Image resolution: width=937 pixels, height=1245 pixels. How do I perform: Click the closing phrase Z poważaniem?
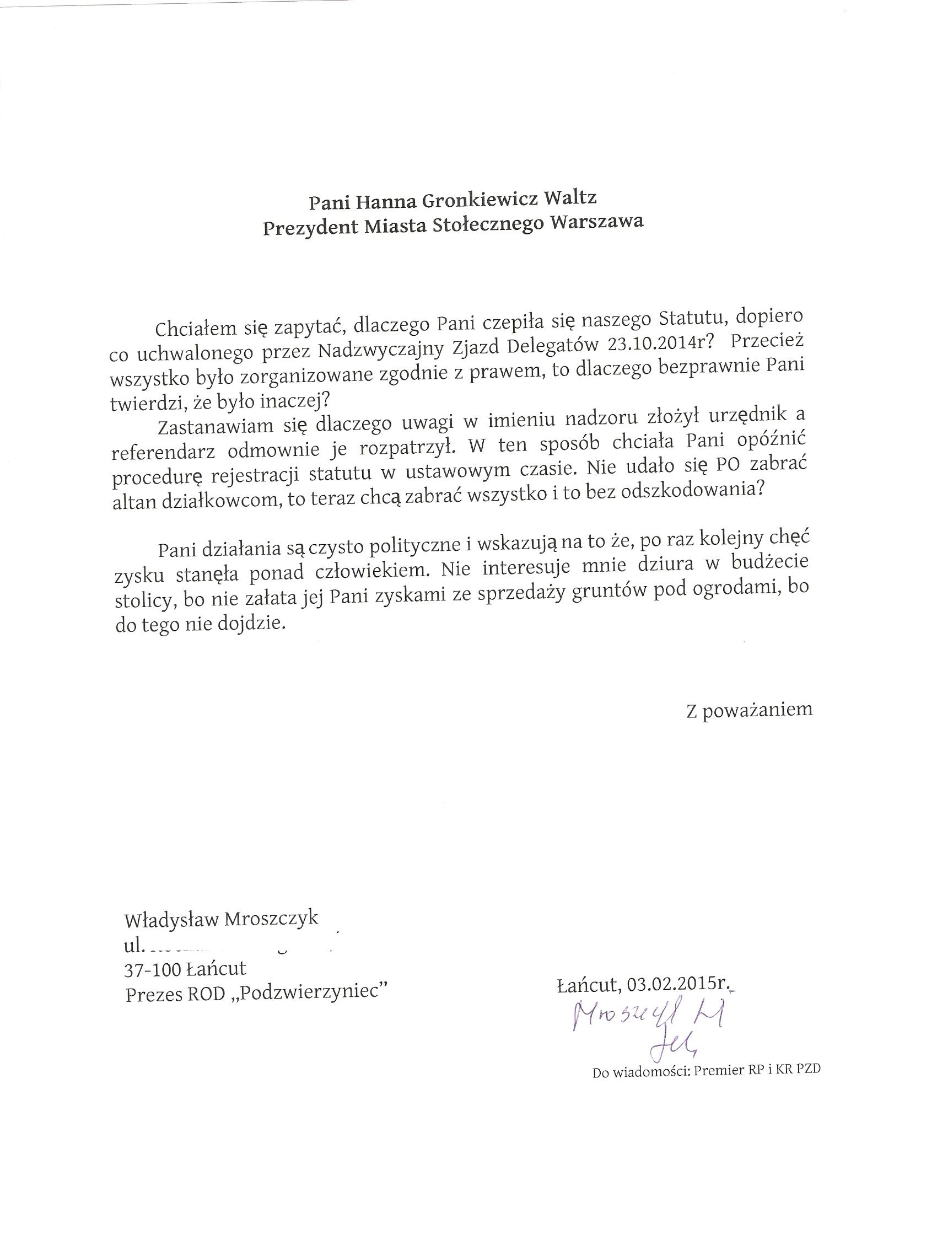tap(749, 709)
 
